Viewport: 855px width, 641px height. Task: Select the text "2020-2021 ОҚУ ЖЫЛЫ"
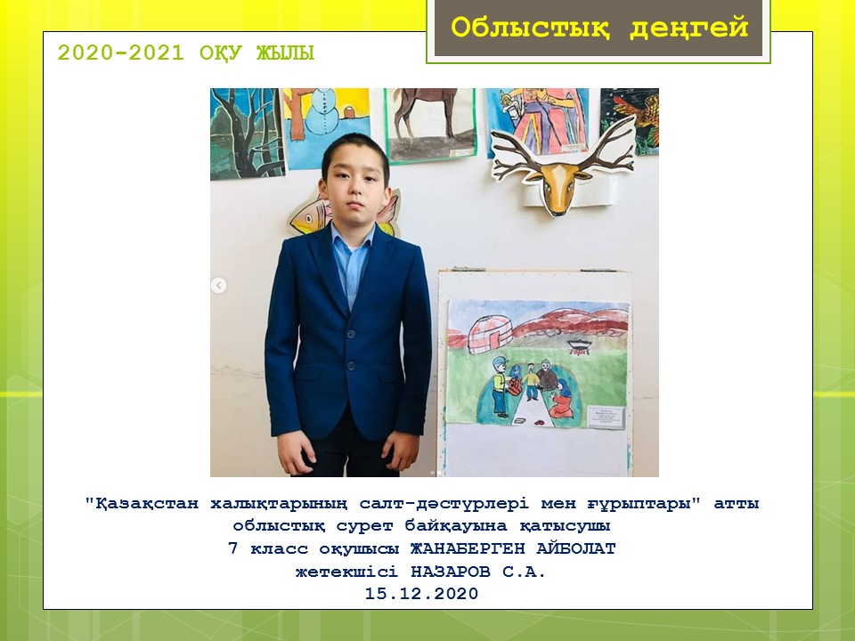(186, 53)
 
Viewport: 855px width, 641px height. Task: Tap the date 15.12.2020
(421, 593)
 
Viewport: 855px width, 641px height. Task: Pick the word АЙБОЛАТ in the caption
(576, 548)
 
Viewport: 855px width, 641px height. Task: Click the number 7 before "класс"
(232, 548)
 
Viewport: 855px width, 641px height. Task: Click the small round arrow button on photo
(219, 285)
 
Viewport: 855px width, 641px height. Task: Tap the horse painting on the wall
(431, 125)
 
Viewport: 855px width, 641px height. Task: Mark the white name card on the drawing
(606, 417)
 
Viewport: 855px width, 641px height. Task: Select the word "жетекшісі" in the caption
(346, 572)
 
